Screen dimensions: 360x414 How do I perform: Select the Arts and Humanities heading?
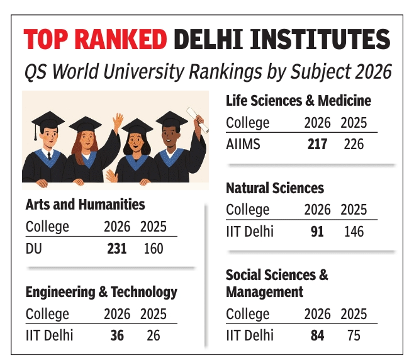click(x=85, y=205)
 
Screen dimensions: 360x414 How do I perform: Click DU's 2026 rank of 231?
click(x=116, y=249)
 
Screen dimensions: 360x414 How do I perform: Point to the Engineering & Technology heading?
click(x=101, y=292)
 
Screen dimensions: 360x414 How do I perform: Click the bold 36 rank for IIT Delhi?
click(x=117, y=335)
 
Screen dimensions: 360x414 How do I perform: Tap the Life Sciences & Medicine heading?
click(x=298, y=101)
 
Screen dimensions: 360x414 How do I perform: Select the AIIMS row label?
click(x=243, y=144)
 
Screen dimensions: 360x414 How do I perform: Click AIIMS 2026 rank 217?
click(x=317, y=144)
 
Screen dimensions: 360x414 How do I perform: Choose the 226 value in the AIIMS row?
click(x=354, y=144)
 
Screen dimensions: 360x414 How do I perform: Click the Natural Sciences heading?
click(x=275, y=188)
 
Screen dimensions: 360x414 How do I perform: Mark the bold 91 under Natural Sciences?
click(x=317, y=232)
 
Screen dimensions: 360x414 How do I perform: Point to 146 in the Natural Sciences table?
click(x=354, y=232)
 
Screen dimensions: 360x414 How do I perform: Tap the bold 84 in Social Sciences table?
click(x=317, y=335)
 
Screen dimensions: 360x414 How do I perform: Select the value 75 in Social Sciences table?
click(x=354, y=335)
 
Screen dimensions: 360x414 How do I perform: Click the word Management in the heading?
click(x=264, y=292)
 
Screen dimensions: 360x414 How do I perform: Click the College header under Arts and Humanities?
click(x=47, y=227)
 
